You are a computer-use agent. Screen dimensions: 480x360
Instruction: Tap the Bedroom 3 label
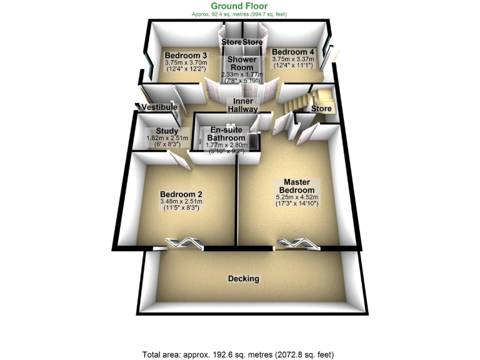click(x=177, y=55)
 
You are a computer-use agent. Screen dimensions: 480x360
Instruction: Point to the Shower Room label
click(x=241, y=63)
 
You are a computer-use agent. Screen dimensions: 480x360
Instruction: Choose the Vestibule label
click(x=156, y=107)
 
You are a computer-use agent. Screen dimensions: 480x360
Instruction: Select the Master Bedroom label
click(x=296, y=185)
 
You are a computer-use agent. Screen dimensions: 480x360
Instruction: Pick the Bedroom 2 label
click(x=181, y=194)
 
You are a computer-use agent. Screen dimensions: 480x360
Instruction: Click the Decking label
click(x=243, y=279)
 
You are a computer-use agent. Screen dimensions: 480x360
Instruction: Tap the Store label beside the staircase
click(x=321, y=109)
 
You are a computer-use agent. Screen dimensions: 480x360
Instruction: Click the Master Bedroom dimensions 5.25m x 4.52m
click(x=296, y=197)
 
